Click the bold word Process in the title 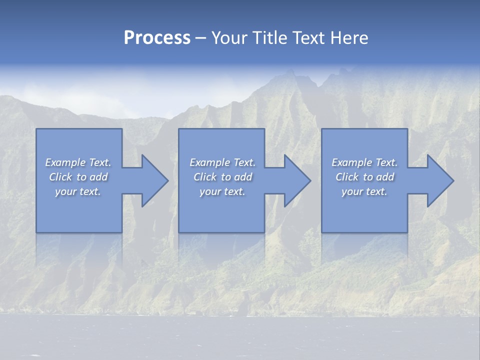click(x=157, y=38)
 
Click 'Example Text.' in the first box click(x=78, y=162)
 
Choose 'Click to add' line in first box click(x=78, y=177)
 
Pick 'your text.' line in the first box click(x=78, y=191)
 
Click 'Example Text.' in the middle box click(x=222, y=162)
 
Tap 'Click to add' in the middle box click(x=222, y=177)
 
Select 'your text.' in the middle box click(x=222, y=191)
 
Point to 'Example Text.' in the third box click(x=364, y=162)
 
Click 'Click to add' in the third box click(x=364, y=177)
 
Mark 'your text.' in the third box click(x=364, y=191)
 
